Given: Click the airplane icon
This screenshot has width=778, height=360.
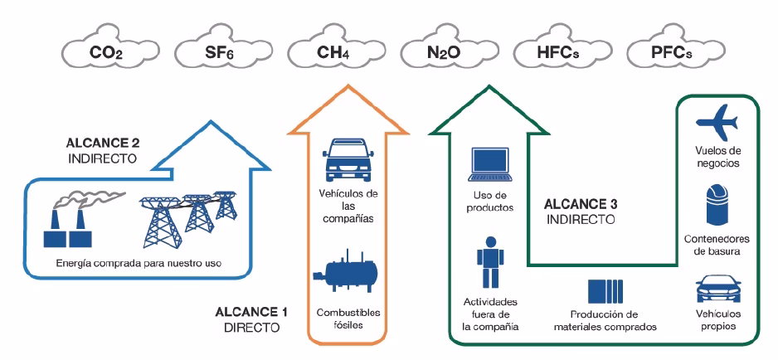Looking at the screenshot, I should (x=718, y=119).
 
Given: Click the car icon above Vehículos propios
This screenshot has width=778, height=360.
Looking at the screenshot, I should (x=718, y=288).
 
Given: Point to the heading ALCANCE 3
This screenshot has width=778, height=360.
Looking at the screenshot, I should (x=580, y=204).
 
